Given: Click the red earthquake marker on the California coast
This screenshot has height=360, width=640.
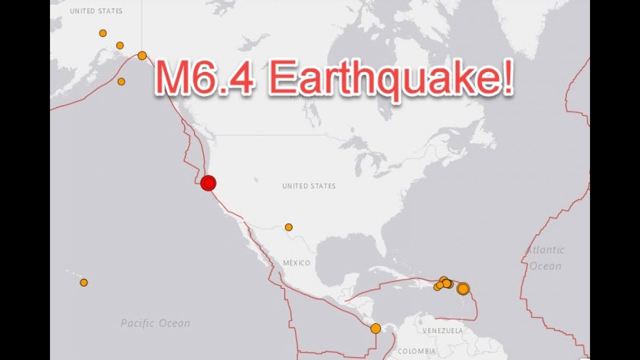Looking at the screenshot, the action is coord(208,183).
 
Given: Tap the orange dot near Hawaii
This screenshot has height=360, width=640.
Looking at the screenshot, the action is coord(84,282).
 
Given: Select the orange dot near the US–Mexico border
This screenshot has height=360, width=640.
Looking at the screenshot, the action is coord(288,227).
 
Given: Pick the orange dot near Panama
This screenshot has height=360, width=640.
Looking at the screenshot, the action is coord(375,328).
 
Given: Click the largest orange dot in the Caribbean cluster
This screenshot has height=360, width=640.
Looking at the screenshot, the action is coord(463,288).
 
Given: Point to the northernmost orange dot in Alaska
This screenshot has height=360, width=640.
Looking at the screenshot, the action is coord(103,33).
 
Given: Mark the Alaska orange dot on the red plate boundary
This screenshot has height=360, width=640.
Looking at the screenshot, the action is coord(142,55).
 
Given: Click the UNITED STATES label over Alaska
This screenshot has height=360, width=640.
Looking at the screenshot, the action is coord(96,11).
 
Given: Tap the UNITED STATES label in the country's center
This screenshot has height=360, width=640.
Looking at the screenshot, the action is coord(309,186).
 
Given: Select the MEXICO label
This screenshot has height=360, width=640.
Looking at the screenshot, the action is coord(296,263).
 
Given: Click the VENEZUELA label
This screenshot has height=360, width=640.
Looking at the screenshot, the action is coord(442,331).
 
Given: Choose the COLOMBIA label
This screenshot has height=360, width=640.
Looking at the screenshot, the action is coord(416,351).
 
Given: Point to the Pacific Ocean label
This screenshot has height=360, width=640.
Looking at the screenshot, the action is coord(155,323).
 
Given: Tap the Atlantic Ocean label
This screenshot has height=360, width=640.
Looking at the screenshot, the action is coord(545,258).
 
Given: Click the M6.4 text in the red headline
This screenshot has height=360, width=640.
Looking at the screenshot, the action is coord(205,77).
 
